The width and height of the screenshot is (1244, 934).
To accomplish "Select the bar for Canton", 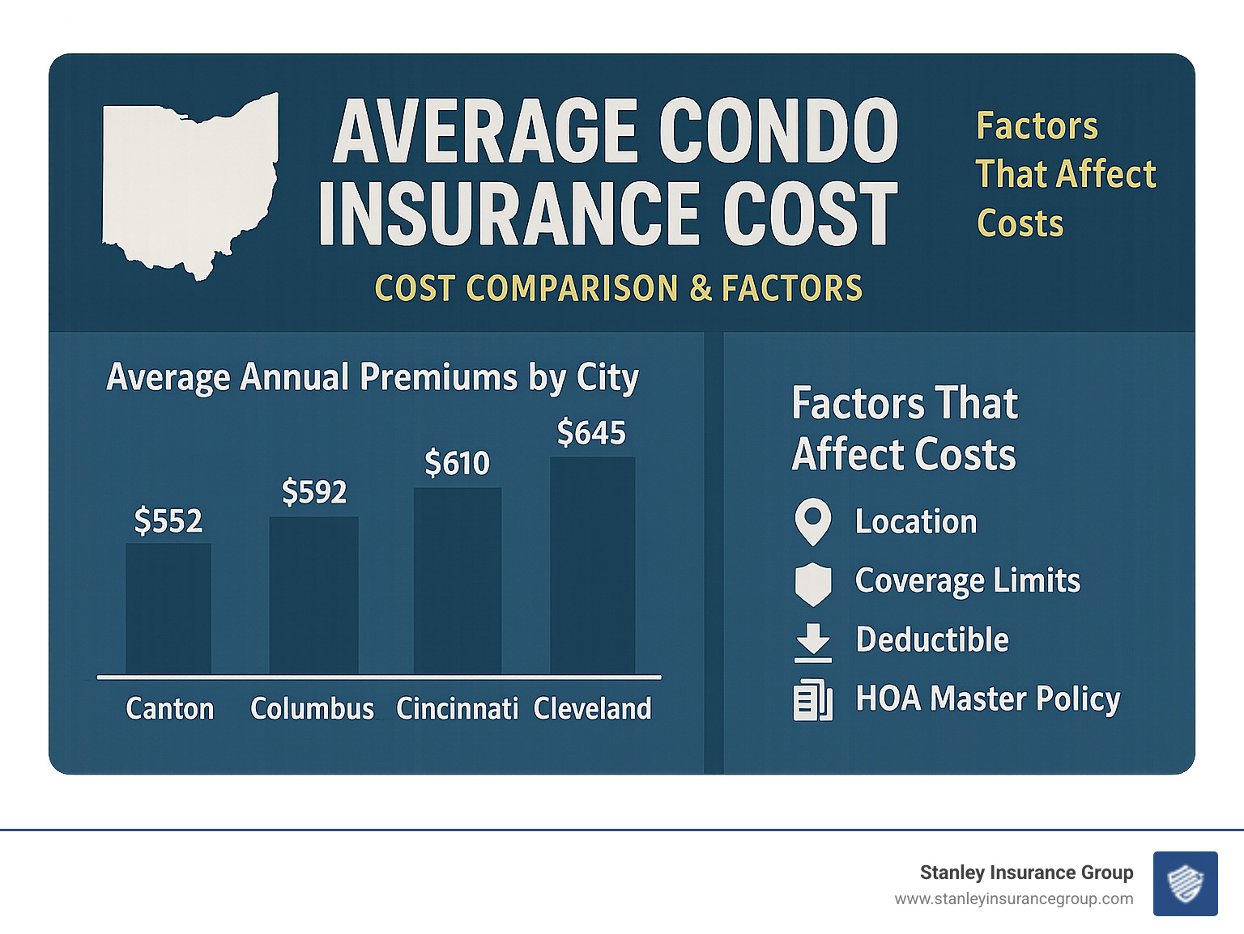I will pyautogui.click(x=168, y=609).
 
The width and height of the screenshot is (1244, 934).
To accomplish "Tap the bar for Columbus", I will pyautogui.click(x=313, y=595).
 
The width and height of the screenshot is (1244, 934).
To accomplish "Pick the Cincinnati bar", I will pyautogui.click(x=458, y=580).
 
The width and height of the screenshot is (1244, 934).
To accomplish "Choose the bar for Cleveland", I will pyautogui.click(x=593, y=565).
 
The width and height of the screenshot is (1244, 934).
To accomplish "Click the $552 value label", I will pyautogui.click(x=168, y=520).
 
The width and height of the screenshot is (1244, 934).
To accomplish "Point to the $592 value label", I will pyautogui.click(x=314, y=491).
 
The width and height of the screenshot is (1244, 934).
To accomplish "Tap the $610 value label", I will pyautogui.click(x=458, y=463).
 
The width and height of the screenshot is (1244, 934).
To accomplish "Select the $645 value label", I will pyautogui.click(x=592, y=432).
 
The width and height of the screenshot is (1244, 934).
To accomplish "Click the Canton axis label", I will pyautogui.click(x=170, y=709).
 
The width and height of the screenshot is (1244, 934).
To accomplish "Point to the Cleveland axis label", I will pyautogui.click(x=593, y=709).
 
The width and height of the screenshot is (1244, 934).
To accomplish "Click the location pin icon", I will pyautogui.click(x=813, y=521).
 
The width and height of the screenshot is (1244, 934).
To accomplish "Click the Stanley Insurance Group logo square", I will pyautogui.click(x=1185, y=883).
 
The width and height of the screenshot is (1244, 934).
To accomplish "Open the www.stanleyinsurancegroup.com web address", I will pyautogui.click(x=1014, y=899).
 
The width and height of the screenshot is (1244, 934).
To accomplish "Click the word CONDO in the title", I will pyautogui.click(x=778, y=131).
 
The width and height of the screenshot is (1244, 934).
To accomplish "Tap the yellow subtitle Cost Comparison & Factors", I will pyautogui.click(x=619, y=288).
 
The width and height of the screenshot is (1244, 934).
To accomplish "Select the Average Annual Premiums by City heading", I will pyautogui.click(x=373, y=377).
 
